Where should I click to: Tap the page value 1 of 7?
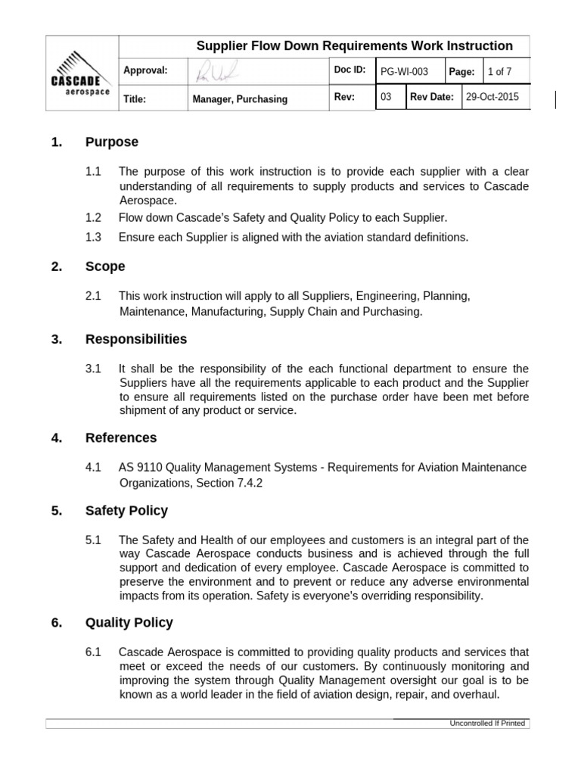(x=500, y=72)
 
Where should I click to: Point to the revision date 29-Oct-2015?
(x=492, y=98)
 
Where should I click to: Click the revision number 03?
(x=386, y=98)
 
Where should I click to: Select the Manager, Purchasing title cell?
(x=240, y=99)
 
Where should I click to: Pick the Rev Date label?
(x=432, y=98)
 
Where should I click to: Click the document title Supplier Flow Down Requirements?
(x=354, y=46)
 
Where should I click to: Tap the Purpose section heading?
(x=112, y=142)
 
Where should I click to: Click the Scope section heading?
(x=105, y=266)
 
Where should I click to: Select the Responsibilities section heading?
(x=136, y=339)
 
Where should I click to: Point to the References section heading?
(x=121, y=437)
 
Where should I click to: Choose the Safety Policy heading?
(x=126, y=511)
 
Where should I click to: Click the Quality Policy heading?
(x=129, y=622)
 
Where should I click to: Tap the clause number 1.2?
(x=93, y=218)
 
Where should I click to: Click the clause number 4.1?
(x=93, y=468)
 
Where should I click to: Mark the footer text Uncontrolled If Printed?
(x=487, y=724)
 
